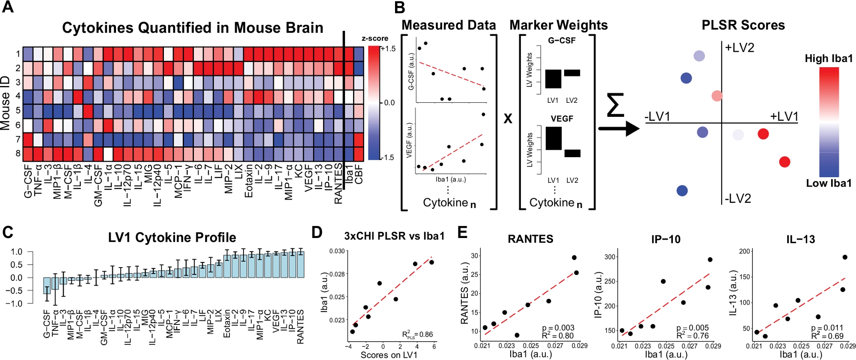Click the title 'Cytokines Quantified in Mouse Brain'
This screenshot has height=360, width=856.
(x=193, y=28)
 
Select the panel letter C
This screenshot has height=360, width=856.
(x=8, y=232)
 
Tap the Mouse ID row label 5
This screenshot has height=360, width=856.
(x=18, y=110)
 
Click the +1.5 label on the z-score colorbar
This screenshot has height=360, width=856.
(x=388, y=49)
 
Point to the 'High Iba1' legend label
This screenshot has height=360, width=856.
(x=829, y=59)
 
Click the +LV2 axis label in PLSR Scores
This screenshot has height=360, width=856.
(x=740, y=48)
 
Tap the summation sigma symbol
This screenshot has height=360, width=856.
(x=615, y=105)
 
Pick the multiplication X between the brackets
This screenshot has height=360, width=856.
(x=508, y=119)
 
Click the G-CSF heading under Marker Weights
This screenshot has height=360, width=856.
(x=562, y=41)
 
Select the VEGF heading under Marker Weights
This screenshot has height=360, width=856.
(x=562, y=119)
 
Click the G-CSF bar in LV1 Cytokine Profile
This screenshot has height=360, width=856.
(x=47, y=286)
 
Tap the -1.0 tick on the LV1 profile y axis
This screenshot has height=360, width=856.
(x=16, y=303)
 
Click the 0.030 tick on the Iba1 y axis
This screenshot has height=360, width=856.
(x=337, y=251)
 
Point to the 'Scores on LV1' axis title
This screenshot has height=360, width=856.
(x=389, y=355)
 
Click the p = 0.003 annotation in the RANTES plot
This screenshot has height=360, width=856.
(x=558, y=328)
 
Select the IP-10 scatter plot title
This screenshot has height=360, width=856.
(x=666, y=239)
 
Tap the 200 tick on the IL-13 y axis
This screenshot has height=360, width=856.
(x=745, y=251)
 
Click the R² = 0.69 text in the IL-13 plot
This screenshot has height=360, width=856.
(x=827, y=336)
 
